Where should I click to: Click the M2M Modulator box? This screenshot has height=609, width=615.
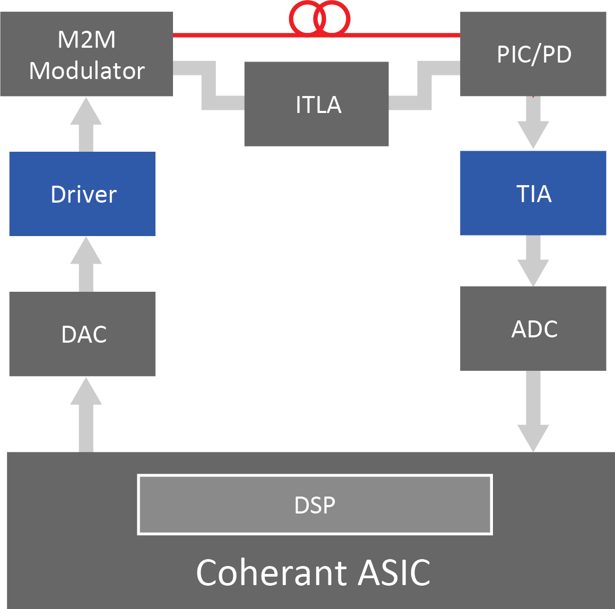coord(86,54)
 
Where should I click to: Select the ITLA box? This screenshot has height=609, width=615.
coord(316,104)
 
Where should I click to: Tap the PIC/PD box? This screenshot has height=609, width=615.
coord(533,54)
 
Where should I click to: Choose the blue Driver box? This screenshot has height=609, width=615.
coord(82,194)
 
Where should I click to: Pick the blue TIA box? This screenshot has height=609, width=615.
coord(533,193)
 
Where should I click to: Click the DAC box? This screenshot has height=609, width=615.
coord(82,334)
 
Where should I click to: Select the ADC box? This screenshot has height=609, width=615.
coord(533,328)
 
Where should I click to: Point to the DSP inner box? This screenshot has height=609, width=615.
coord(315,504)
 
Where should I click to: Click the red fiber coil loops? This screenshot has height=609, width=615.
coord(319,18)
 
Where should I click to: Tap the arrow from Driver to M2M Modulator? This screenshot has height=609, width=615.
coord(86,125)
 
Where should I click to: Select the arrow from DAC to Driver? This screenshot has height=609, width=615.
coord(86,264)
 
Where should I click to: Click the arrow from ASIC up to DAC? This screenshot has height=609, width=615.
coord(86,415)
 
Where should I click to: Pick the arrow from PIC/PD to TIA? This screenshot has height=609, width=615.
coord(533,123)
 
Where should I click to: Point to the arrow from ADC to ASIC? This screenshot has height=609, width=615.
coord(533,411)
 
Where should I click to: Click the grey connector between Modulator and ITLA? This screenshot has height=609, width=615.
coord(209,85)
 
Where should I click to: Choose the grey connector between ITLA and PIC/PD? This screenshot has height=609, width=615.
coord(425,85)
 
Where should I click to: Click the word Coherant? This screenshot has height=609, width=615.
coord(271,572)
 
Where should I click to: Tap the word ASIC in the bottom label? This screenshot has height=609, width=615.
coord(394,572)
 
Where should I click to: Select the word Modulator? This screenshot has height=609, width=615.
coord(86,71)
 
